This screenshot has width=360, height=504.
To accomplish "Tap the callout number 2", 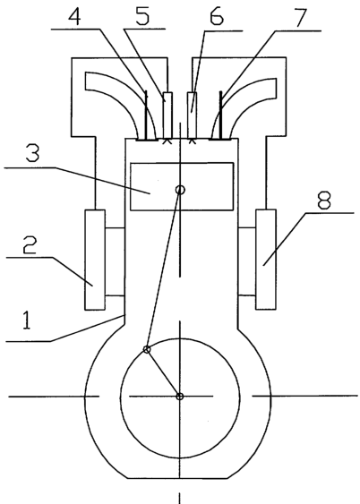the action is [x=30, y=245].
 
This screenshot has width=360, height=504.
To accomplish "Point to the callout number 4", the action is [x=74, y=15].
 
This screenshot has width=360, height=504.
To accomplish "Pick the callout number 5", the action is [x=143, y=16].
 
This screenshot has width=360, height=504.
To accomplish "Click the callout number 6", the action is [x=217, y=16].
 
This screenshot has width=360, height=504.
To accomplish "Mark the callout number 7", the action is [x=301, y=17].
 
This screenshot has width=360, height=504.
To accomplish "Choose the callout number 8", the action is [x=323, y=200].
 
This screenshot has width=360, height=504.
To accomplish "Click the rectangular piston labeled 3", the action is [x=182, y=186].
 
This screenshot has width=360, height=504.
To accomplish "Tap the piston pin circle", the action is [x=180, y=190].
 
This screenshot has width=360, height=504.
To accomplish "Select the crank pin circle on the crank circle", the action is [x=147, y=349].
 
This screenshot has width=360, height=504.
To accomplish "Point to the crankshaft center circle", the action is [x=180, y=397].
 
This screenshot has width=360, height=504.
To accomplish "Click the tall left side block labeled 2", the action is [x=95, y=260].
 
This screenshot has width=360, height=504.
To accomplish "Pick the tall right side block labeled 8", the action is [x=266, y=260].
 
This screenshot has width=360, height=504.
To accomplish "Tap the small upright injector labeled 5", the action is [x=167, y=115].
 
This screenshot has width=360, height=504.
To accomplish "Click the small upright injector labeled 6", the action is [x=193, y=115].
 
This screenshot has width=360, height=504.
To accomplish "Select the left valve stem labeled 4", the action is [x=146, y=115].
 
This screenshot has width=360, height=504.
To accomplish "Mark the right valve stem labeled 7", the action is [x=221, y=115].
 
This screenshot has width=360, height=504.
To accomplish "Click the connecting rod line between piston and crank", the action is [x=163, y=270].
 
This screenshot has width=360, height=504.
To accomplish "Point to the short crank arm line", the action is [x=163, y=373].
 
